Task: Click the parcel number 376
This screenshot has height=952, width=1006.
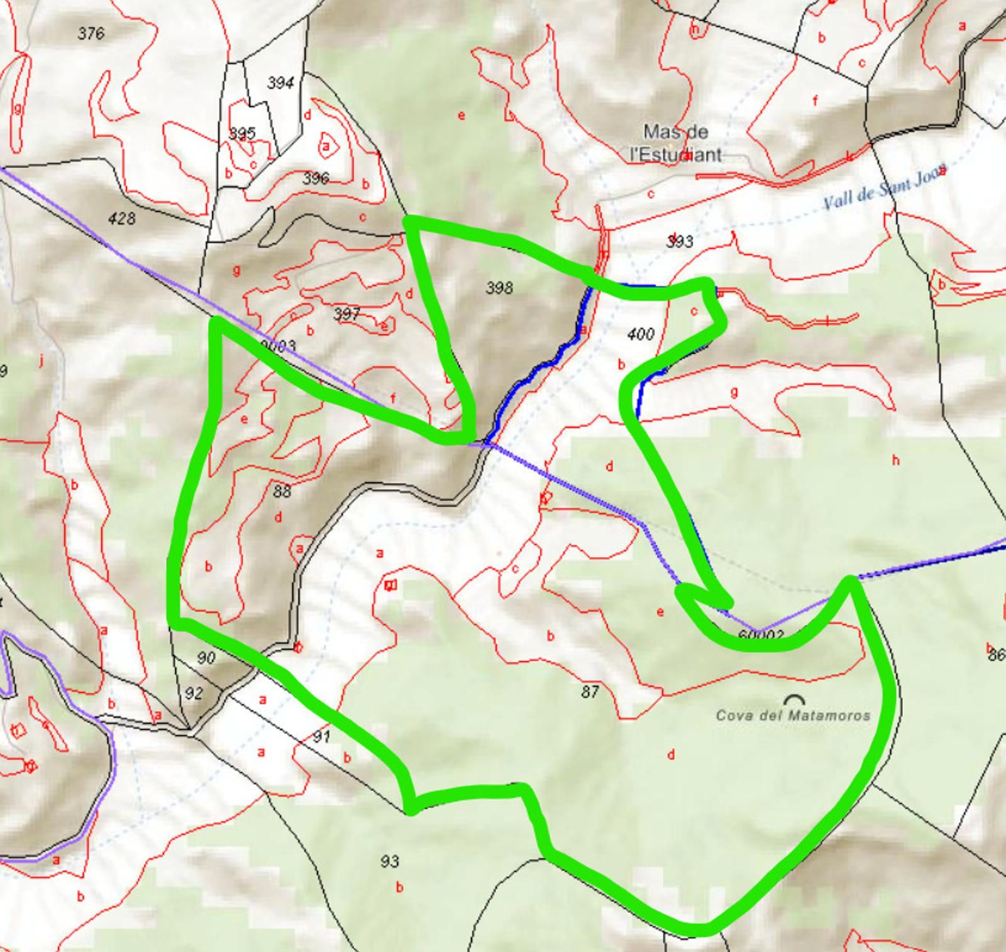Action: coord(91,33)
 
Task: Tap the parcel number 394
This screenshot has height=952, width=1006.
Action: coord(280,83)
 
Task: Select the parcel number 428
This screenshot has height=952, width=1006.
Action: coord(121,218)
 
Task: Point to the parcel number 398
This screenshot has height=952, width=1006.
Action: coord(499,288)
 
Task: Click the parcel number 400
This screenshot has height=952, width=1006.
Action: coord(641,334)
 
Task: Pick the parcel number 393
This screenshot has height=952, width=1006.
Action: coord(680,241)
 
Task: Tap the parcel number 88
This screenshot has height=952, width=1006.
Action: coord(282,491)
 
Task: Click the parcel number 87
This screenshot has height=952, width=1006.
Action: coord(590,692)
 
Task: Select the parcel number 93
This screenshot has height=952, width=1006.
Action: coord(390,861)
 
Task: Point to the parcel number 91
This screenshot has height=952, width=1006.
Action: coord(321,736)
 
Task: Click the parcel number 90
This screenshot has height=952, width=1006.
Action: coord(206,658)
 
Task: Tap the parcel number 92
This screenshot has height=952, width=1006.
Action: coord(194,693)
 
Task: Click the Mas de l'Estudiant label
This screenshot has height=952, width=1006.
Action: coord(676,143)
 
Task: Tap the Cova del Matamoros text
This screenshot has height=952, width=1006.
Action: coord(793,715)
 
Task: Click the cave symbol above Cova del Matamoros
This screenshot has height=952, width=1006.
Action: coord(795,700)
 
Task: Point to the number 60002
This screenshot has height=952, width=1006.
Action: coord(761,635)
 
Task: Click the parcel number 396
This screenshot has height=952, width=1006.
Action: coord(316,178)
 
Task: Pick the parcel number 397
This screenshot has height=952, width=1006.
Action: coord(346,313)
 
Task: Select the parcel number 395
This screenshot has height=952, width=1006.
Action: coord(242,133)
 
